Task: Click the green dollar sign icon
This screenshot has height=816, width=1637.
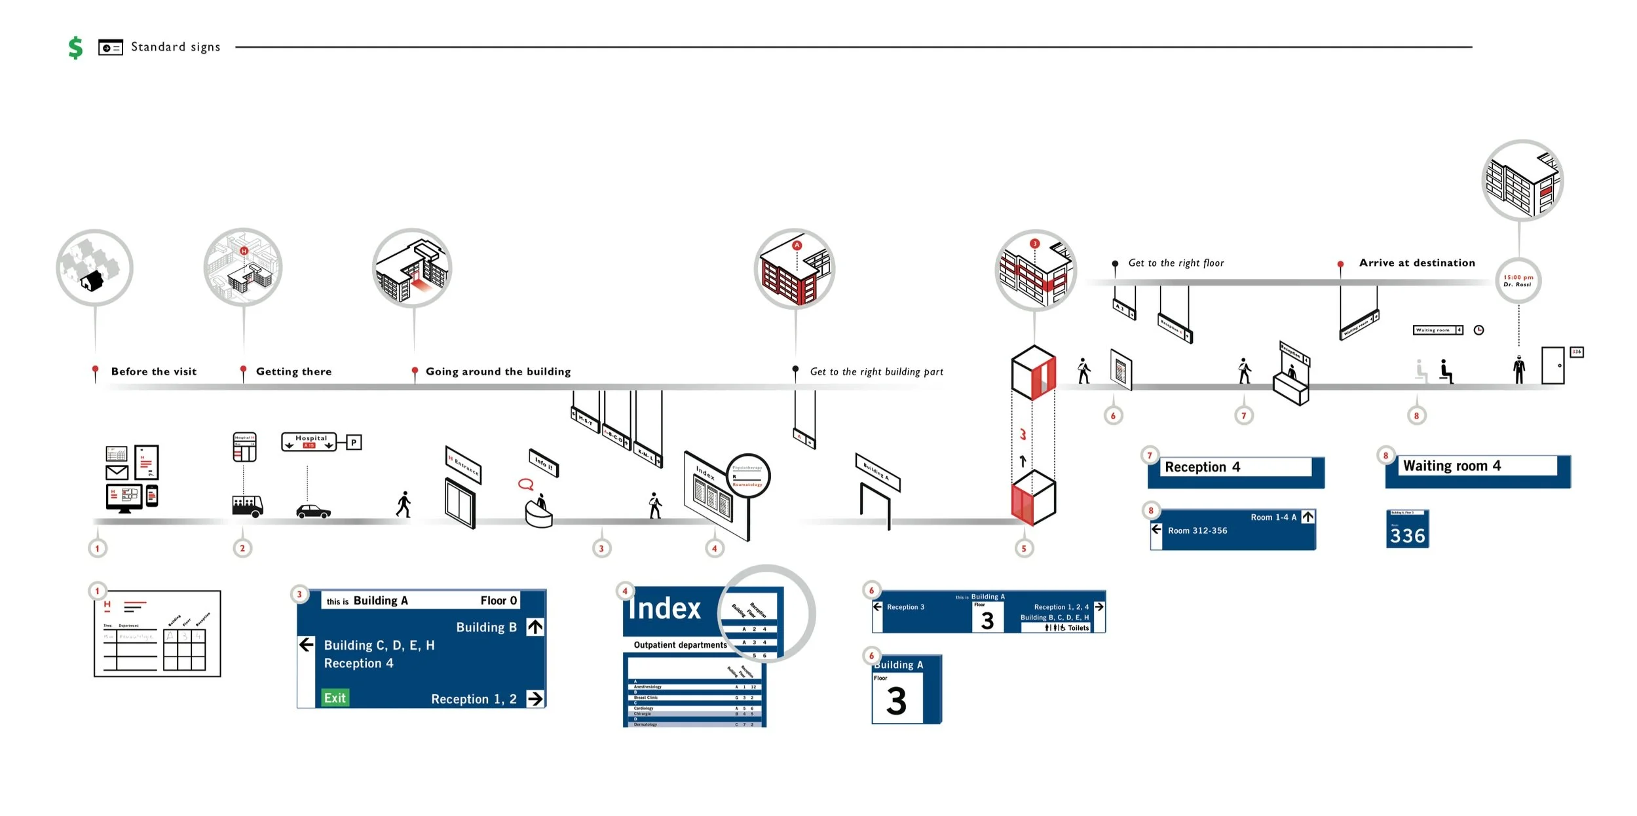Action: point(75,47)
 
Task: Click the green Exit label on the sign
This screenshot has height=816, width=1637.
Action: point(335,697)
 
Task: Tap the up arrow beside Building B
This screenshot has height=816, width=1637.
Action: point(535,627)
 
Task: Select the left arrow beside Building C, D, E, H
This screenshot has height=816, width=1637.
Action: point(307,644)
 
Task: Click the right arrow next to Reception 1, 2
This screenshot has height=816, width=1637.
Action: point(535,699)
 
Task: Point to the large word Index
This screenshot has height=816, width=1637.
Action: point(664,608)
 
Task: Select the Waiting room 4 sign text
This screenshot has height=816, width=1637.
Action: point(1452,466)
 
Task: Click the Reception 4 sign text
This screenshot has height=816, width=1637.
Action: point(1202,467)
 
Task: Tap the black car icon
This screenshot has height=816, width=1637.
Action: point(313,511)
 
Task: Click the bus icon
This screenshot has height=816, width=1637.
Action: point(248,506)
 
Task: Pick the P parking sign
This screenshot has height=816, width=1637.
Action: point(354,442)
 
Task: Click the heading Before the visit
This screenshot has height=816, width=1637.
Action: point(154,371)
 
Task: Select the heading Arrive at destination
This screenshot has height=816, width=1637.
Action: point(1417,263)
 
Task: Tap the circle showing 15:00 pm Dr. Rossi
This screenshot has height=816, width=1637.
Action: point(1518,281)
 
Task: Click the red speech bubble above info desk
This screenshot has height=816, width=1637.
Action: point(525,485)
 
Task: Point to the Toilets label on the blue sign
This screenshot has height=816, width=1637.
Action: point(1078,627)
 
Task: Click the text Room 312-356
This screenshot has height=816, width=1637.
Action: point(1197,530)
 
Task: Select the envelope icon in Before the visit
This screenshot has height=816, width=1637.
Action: point(117,472)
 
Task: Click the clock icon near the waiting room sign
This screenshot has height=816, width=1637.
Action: point(1478,330)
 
